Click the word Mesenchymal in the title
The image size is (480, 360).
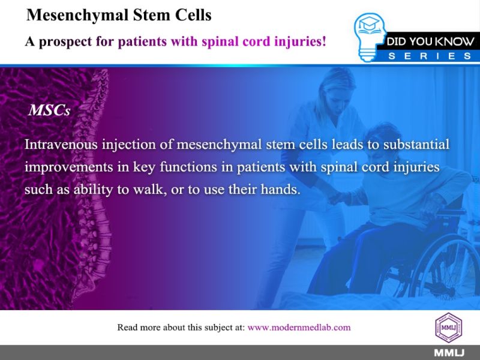pyautogui.click(x=77, y=16)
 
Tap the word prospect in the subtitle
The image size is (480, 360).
pyautogui.click(x=65, y=42)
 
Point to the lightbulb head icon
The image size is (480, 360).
pyautogui.click(x=369, y=37)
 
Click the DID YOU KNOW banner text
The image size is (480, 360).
pyautogui.click(x=430, y=41)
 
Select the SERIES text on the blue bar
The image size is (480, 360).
pyautogui.click(x=430, y=56)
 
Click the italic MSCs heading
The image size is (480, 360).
pyautogui.click(x=49, y=110)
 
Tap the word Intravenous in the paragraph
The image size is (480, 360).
pyautogui.click(x=61, y=144)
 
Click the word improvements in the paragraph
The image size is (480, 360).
pyautogui.click(x=69, y=167)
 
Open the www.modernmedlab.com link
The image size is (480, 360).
pyautogui.click(x=299, y=328)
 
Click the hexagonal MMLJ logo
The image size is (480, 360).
pyautogui.click(x=448, y=328)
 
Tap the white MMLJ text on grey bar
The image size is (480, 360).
pyautogui.click(x=449, y=353)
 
